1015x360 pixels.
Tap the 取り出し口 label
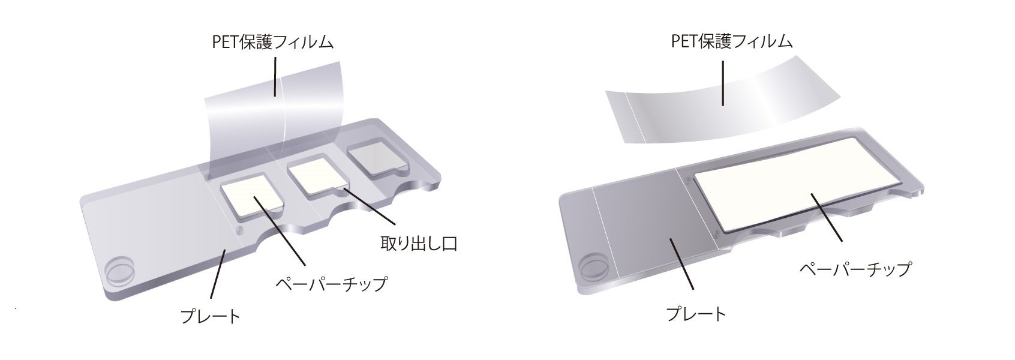419,244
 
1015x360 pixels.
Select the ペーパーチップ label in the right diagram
855,268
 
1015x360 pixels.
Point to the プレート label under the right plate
696,314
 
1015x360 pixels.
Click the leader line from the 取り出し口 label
371,210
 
